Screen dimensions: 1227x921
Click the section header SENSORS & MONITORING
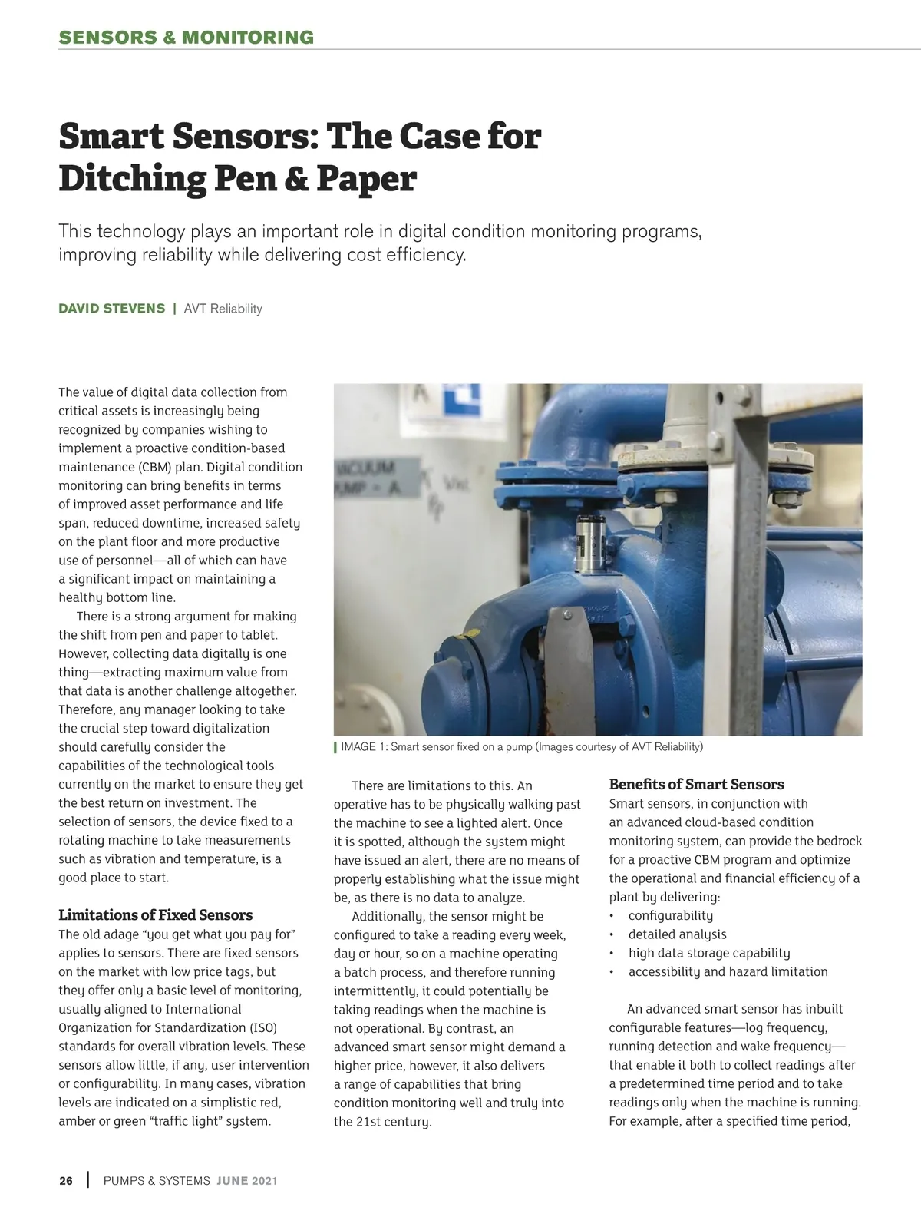pos(186,38)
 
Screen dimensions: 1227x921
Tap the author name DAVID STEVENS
pos(112,309)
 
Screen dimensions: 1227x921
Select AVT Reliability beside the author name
pos(223,309)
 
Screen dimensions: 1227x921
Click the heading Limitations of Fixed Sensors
pos(155,915)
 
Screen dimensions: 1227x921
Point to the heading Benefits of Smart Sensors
pos(696,785)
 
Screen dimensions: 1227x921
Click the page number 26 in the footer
pos(66,1181)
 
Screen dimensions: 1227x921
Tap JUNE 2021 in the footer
pos(246,1181)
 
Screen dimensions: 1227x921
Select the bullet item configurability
pos(670,916)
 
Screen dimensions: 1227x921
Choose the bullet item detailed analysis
pos(677,934)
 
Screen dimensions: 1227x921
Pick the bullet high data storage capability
pos(708,953)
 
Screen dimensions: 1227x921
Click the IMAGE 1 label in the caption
pos(364,747)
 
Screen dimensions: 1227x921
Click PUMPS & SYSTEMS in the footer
pos(157,1181)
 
